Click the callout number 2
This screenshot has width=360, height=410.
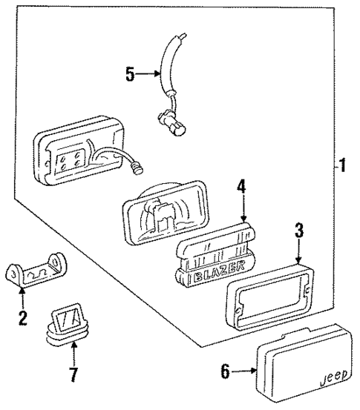[x=22, y=320]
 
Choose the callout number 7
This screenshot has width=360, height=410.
[x=73, y=374]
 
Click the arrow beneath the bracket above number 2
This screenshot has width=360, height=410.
[x=22, y=300]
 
